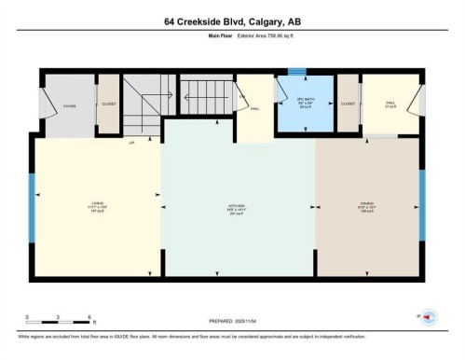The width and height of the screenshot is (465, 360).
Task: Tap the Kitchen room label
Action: tap(237, 209)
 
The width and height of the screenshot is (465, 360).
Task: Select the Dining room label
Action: tap(366, 209)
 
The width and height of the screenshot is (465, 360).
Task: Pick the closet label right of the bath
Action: tap(348, 104)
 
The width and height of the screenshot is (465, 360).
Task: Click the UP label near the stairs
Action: tap(131, 143)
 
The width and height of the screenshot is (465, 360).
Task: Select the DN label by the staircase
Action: tap(242, 96)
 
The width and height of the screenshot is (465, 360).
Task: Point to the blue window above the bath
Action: tap(295, 70)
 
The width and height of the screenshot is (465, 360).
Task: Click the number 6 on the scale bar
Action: tap(88, 317)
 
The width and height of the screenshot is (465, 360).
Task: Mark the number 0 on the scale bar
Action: tap(27, 317)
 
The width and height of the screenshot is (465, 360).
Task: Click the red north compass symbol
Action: tap(430, 317)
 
